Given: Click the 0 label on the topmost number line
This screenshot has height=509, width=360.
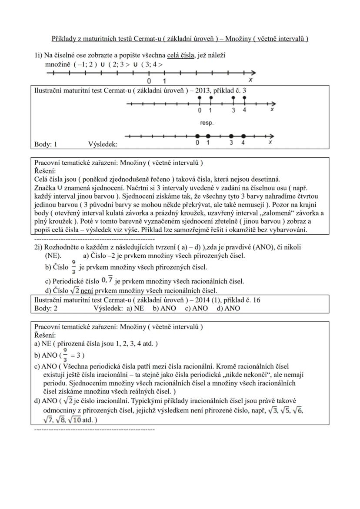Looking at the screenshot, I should coord(149,81).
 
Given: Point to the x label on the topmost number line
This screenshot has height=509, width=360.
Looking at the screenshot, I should coord(250,81).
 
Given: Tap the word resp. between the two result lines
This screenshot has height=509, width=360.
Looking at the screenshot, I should coord(207,123).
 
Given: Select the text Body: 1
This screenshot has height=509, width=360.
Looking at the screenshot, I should coord(46,144).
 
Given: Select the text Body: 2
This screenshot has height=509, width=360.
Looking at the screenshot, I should coord(46,308).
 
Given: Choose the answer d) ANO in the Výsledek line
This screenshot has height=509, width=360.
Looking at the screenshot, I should coord(228,308).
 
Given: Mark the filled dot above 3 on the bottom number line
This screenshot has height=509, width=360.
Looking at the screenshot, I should coord(231,136).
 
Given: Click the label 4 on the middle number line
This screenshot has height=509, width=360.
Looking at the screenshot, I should coord(245,110).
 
